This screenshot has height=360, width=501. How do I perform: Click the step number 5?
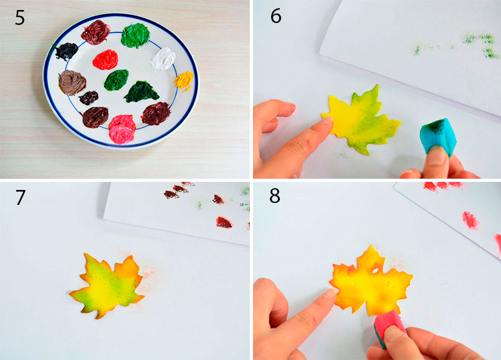(x=20, y=17)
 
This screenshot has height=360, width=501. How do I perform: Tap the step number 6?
(x=276, y=16)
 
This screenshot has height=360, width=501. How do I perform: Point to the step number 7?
(x=20, y=197)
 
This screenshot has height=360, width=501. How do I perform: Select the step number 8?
(x=275, y=196)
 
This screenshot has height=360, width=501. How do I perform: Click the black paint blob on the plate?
(x=67, y=51)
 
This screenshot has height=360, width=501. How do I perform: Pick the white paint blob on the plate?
(x=163, y=59)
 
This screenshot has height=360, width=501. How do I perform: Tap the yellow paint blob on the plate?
(x=184, y=80)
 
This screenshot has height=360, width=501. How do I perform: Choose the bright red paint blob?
(x=105, y=60)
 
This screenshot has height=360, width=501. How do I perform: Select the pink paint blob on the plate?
(x=122, y=129)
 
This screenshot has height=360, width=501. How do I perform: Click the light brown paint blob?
(x=72, y=82)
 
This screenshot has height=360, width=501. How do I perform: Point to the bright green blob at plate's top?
(x=135, y=35)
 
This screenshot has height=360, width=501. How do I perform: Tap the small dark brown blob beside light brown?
(x=88, y=98)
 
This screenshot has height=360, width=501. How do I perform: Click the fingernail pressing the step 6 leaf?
(x=327, y=120)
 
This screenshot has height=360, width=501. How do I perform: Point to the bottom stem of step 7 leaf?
(x=97, y=315)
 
